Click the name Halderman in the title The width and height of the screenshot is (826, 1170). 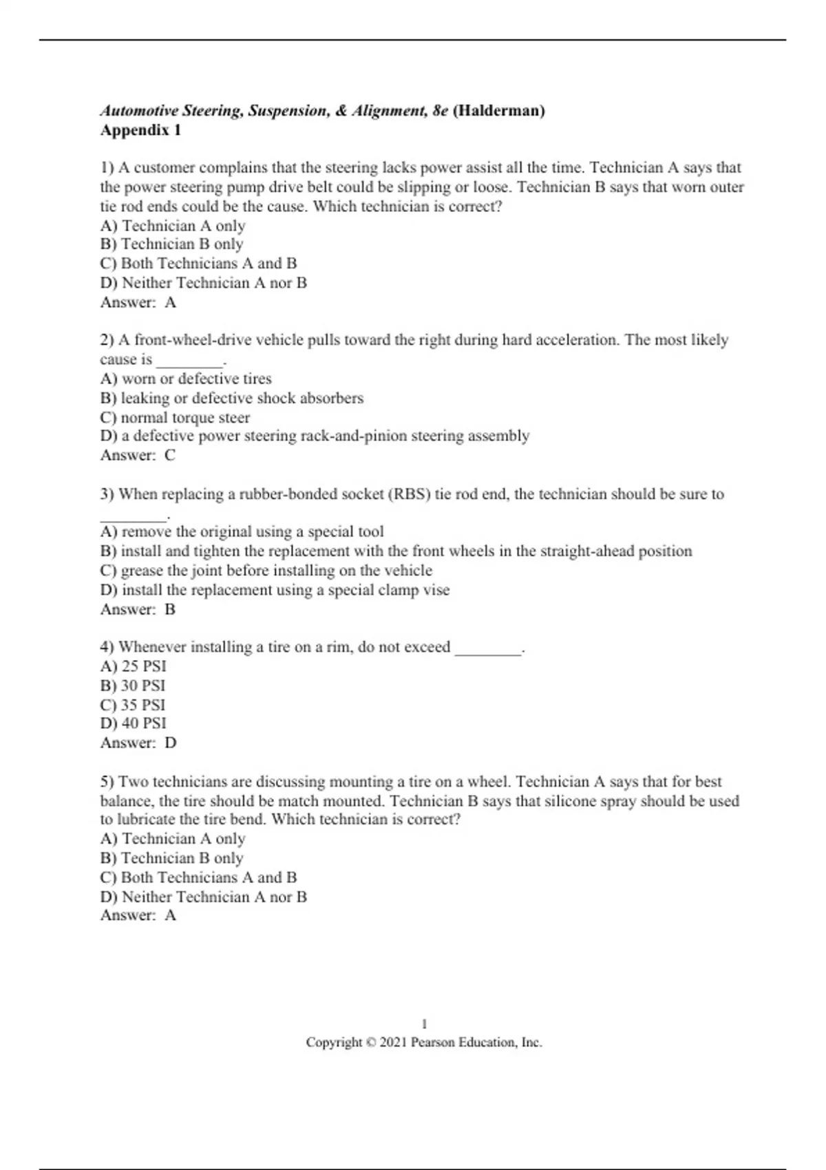click(x=499, y=111)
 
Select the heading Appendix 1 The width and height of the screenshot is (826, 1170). click(x=140, y=130)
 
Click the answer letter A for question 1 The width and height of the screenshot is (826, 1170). click(x=170, y=302)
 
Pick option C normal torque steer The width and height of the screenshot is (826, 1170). click(x=175, y=417)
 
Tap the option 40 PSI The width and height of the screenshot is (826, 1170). click(x=134, y=723)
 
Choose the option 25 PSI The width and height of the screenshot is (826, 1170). click(x=134, y=666)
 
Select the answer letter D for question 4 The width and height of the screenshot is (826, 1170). click(x=171, y=743)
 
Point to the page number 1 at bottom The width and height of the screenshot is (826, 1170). click(x=424, y=1023)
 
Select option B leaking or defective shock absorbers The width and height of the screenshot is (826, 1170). click(x=231, y=398)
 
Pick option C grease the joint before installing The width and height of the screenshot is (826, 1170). click(x=266, y=571)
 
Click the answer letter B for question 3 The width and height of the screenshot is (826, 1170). click(x=170, y=609)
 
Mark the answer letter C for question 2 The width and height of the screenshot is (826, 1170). click(x=170, y=455)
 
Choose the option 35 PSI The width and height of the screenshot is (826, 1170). click(x=133, y=705)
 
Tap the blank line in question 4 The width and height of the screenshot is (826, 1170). click(x=488, y=648)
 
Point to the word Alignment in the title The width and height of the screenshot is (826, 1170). click(x=389, y=111)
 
